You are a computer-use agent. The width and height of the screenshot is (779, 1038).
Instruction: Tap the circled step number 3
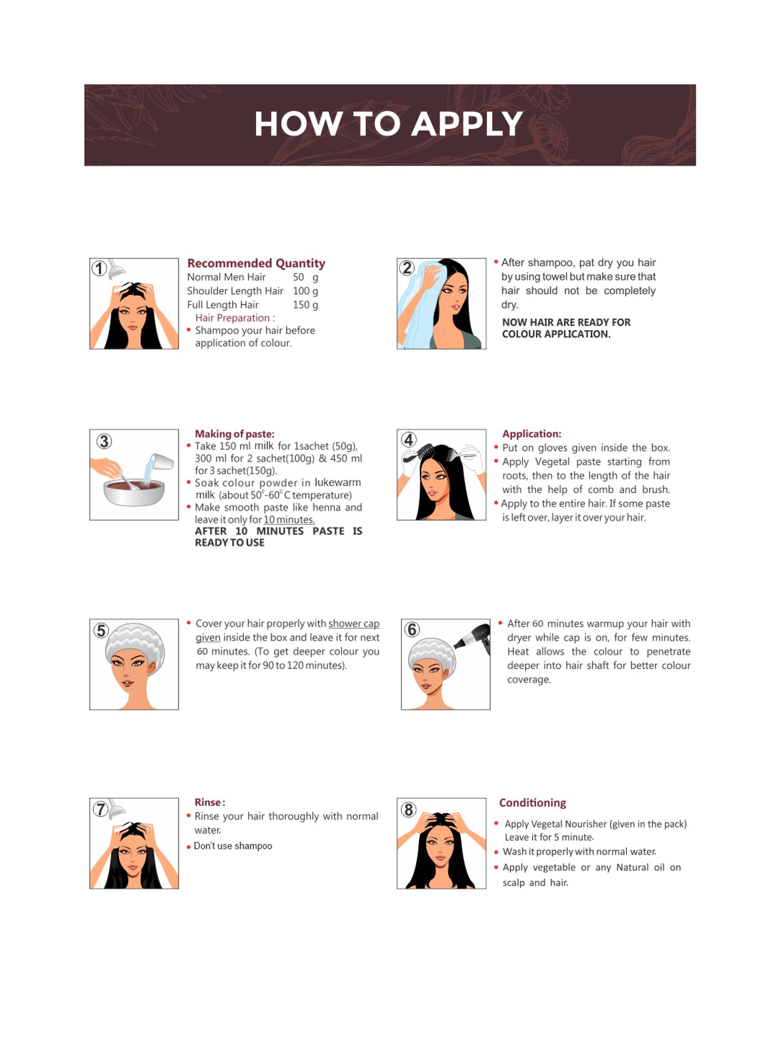point(104,442)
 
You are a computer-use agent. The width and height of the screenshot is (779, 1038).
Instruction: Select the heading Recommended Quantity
point(256,264)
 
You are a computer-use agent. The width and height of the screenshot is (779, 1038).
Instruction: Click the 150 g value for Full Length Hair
point(305,305)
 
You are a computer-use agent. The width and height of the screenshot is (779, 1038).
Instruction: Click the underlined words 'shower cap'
point(354,623)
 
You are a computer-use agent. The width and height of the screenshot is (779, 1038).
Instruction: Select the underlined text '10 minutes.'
point(289,520)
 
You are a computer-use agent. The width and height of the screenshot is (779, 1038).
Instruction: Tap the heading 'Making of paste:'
point(234,434)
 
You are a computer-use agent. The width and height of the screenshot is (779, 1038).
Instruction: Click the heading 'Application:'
point(531,434)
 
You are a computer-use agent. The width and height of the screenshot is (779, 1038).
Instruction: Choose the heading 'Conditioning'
point(532,803)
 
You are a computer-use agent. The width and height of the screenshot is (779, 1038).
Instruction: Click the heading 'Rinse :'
point(210,802)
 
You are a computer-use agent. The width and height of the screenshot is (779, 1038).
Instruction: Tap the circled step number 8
point(409,810)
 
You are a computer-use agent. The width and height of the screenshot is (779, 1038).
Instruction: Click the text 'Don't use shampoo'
point(233,846)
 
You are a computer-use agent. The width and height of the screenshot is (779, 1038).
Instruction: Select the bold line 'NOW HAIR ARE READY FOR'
point(566,322)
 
